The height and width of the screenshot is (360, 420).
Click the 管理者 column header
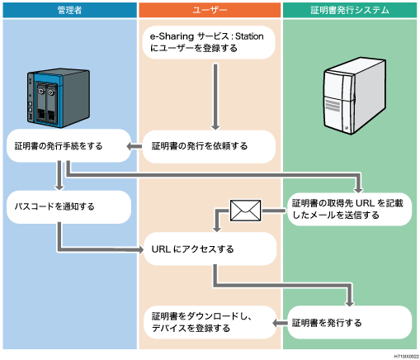[69, 9]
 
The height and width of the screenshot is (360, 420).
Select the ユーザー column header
[210, 9]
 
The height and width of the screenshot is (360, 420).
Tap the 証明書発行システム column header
[351, 9]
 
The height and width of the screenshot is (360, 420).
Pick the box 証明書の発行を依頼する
[206, 146]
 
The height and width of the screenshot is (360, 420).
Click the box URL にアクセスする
[206, 248]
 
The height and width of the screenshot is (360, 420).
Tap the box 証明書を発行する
[347, 322]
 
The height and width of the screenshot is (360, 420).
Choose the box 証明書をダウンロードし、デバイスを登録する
[206, 322]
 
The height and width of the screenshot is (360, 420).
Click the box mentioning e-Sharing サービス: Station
[206, 43]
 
